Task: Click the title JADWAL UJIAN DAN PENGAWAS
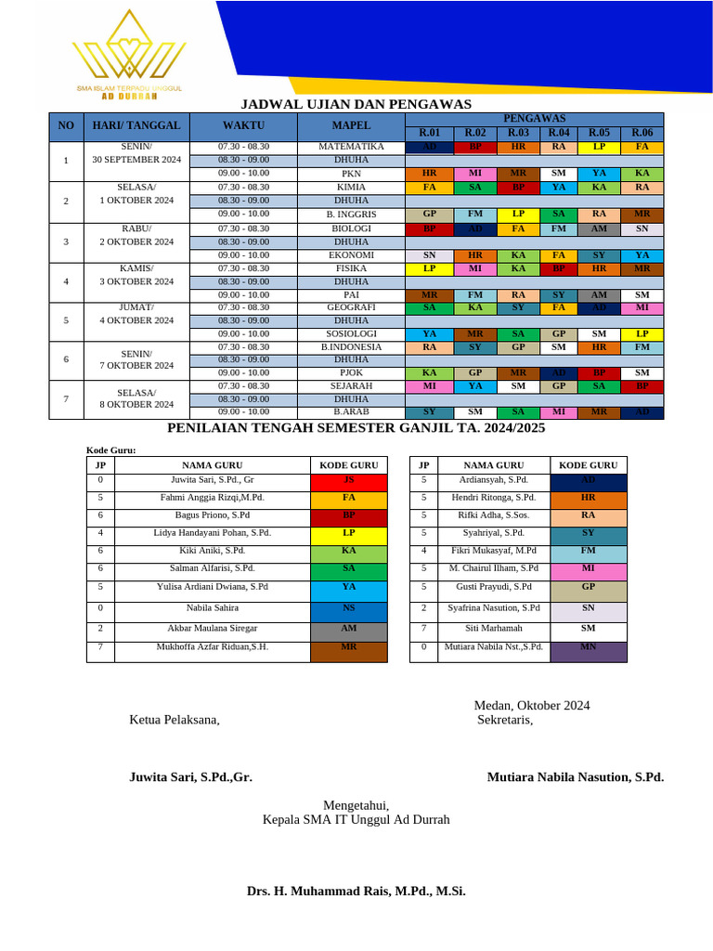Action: pyautogui.click(x=356, y=104)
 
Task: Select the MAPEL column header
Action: pyautogui.click(x=351, y=125)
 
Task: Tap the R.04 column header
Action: pyautogui.click(x=558, y=133)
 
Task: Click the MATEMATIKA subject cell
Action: pyautogui.click(x=351, y=147)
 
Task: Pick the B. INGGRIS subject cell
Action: pyautogui.click(x=351, y=214)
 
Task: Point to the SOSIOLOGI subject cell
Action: pyautogui.click(x=351, y=333)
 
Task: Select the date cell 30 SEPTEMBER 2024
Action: pyautogui.click(x=136, y=160)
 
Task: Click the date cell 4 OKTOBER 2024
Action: pyautogui.click(x=136, y=320)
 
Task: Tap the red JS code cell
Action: pyautogui.click(x=348, y=481)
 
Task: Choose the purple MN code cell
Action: pyautogui.click(x=588, y=647)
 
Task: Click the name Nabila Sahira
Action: pyautogui.click(x=212, y=608)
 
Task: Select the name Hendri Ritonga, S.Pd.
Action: pyautogui.click(x=493, y=498)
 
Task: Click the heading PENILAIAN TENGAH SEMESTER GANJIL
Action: pyautogui.click(x=356, y=428)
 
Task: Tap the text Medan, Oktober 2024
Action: pyautogui.click(x=531, y=706)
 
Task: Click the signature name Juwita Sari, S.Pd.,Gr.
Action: pyautogui.click(x=190, y=777)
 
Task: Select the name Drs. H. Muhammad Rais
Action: pyautogui.click(x=356, y=891)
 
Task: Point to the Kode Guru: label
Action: pyautogui.click(x=110, y=450)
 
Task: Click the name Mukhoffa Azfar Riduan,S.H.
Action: pyautogui.click(x=212, y=646)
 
